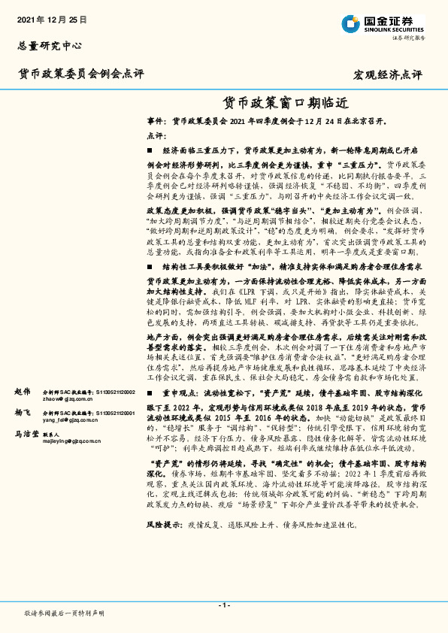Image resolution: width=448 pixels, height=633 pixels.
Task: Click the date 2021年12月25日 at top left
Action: (51, 18)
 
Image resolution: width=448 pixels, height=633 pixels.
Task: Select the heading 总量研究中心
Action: (49, 46)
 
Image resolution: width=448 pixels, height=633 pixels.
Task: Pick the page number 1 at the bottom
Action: (224, 604)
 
